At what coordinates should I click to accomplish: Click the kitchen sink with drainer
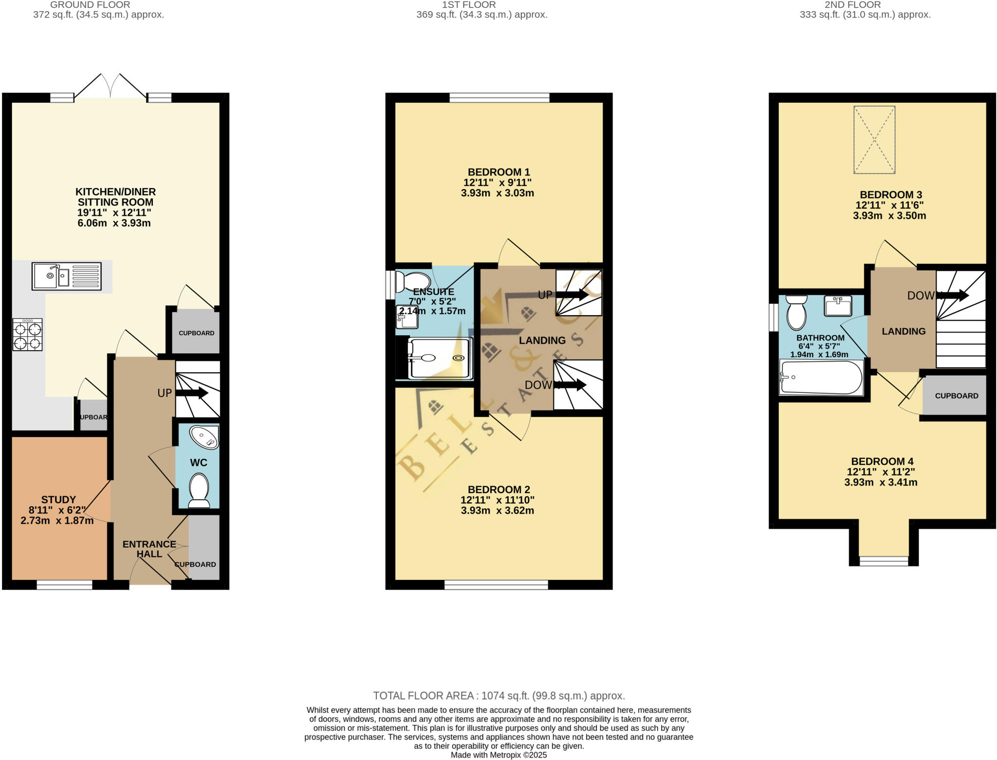click(x=67, y=276)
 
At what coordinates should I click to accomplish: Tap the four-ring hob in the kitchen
click(x=28, y=335)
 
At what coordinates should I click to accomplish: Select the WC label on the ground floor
click(x=199, y=462)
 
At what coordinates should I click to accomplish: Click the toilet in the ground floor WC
click(x=199, y=491)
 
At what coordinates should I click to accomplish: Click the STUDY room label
click(x=58, y=499)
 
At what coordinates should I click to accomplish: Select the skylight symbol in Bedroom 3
click(x=874, y=140)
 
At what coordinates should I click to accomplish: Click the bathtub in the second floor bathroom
click(x=821, y=378)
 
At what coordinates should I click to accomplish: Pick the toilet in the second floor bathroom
click(x=796, y=312)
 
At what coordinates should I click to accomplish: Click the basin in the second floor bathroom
click(x=838, y=305)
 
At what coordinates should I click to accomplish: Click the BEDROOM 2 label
click(x=498, y=489)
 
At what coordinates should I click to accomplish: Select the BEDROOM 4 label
click(x=882, y=461)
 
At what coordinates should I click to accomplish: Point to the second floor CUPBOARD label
click(x=956, y=396)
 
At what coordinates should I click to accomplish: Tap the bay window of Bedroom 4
click(x=884, y=560)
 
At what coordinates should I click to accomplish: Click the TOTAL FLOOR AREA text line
click(x=498, y=696)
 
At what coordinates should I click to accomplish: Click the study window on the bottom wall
click(x=64, y=585)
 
